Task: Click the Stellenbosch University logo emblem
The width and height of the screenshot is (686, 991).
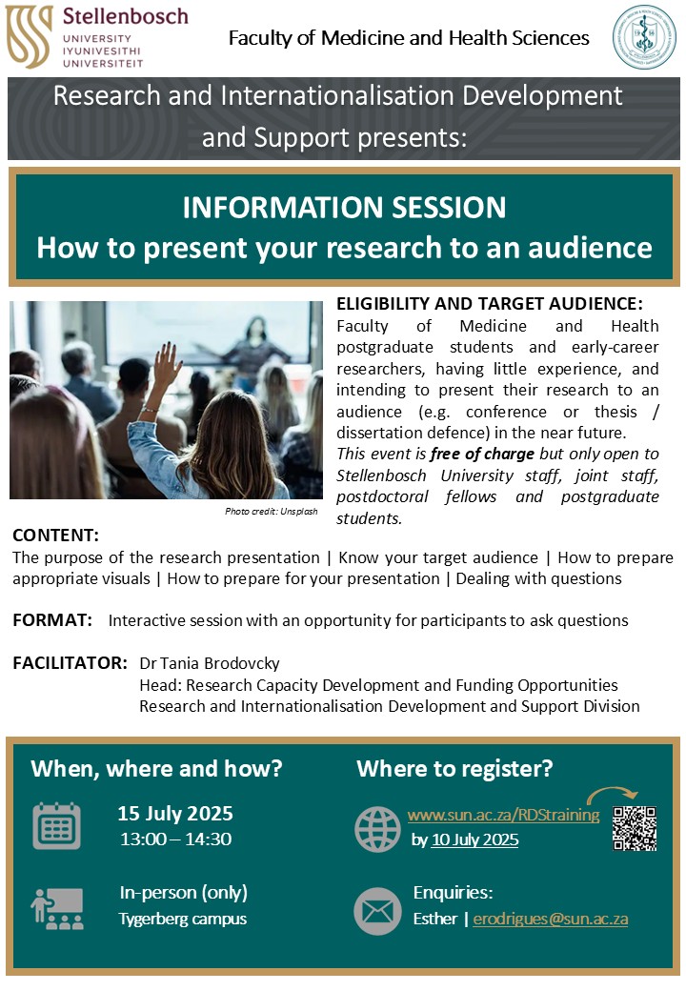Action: [x=29, y=36]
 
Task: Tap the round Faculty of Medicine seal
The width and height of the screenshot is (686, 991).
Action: [x=644, y=37]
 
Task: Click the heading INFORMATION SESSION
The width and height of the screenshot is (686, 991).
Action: [x=344, y=208]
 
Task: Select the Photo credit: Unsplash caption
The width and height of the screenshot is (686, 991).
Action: [x=271, y=512]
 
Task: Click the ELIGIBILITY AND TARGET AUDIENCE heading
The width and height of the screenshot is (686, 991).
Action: [x=490, y=304]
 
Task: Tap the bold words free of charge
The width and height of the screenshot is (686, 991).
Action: [x=483, y=454]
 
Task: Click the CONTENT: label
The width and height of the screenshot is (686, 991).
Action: [x=55, y=536]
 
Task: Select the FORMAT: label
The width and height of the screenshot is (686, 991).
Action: [x=52, y=620]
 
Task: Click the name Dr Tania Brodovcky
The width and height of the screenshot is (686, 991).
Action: [x=210, y=663]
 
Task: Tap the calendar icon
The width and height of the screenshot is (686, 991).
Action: [x=57, y=825]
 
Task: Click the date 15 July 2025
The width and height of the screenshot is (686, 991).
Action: [x=175, y=814]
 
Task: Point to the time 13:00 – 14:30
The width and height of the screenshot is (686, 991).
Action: [x=175, y=839]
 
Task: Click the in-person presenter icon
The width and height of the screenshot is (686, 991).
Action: [x=57, y=909]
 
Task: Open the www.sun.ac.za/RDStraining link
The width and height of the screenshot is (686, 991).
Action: [x=503, y=815]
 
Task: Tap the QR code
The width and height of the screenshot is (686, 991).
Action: [x=635, y=828]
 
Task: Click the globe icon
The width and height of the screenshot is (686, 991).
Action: [x=377, y=829]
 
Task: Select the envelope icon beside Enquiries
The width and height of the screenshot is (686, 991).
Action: [x=377, y=911]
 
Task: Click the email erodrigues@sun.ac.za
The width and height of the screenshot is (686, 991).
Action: [x=550, y=919]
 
